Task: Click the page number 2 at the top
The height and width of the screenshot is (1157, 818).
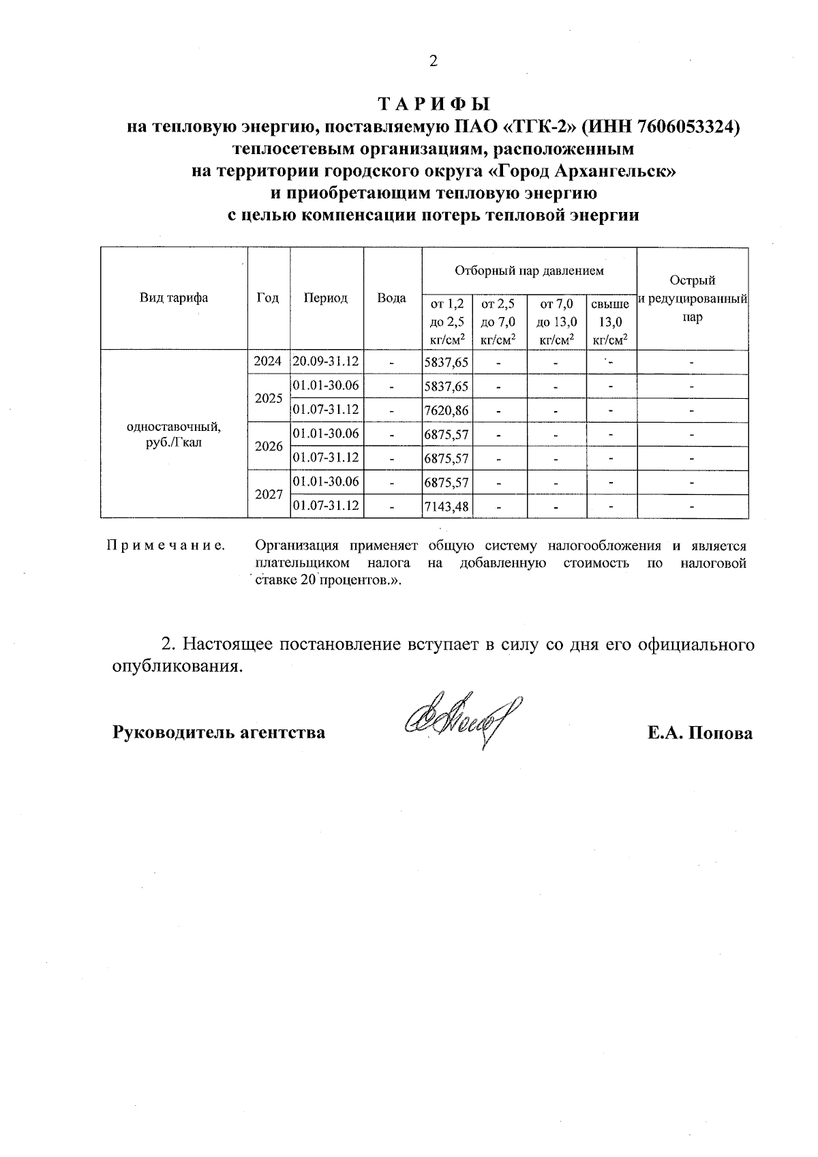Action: click(x=433, y=62)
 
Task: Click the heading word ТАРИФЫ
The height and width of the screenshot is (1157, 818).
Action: click(x=434, y=104)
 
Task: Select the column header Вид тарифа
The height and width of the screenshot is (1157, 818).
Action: click(x=174, y=298)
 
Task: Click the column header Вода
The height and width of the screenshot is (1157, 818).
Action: click(x=392, y=298)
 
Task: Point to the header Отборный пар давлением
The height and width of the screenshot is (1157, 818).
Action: click(x=529, y=271)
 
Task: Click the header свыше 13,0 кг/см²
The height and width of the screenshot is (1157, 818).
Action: click(x=611, y=322)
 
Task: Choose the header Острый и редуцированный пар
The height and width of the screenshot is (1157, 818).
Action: click(x=692, y=299)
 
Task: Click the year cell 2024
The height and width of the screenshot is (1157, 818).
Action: click(x=268, y=362)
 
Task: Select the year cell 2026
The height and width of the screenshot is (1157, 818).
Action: click(x=268, y=447)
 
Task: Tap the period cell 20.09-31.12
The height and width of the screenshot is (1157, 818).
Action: click(x=326, y=362)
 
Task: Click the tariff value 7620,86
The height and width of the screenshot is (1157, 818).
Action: click(x=446, y=411)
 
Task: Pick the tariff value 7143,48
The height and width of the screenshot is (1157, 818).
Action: click(x=446, y=507)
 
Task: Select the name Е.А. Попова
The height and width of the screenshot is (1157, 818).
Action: click(x=700, y=734)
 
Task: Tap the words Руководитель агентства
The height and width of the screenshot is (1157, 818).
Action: click(x=218, y=734)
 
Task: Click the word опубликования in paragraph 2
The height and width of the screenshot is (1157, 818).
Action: click(x=177, y=667)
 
